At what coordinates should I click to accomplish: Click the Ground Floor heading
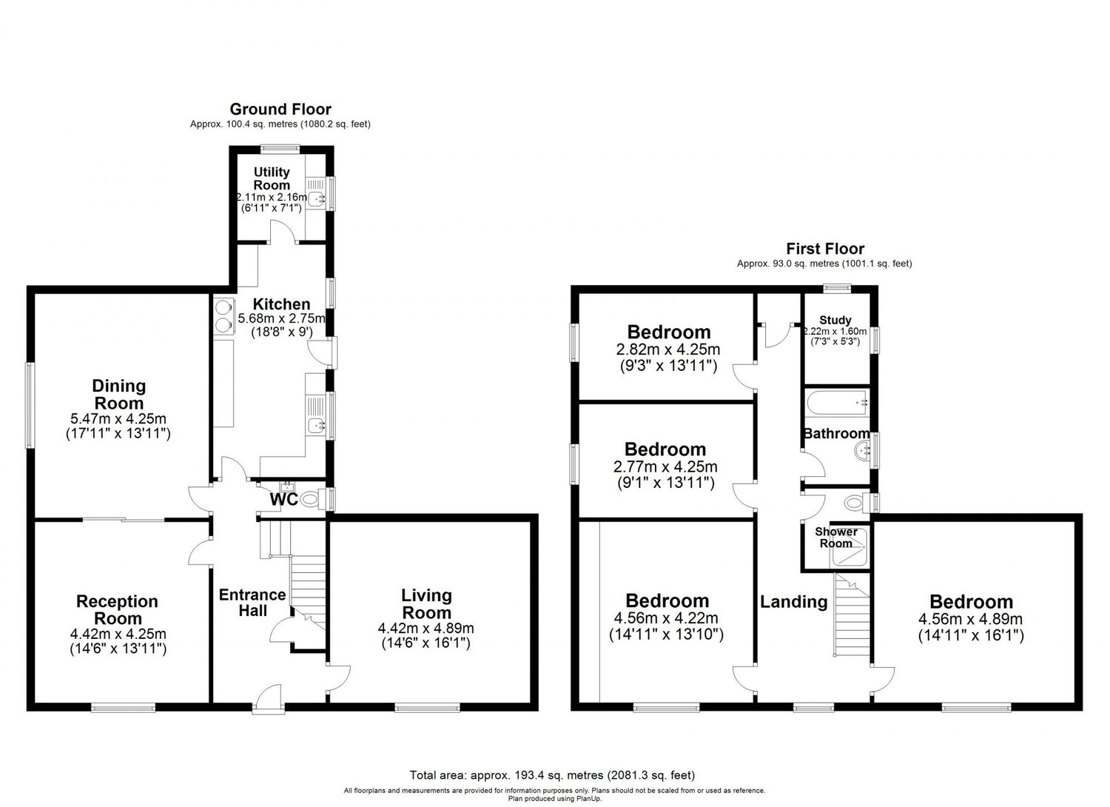tap(280, 110)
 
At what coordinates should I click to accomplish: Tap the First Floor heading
tap(824, 249)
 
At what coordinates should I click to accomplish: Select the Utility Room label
tap(272, 178)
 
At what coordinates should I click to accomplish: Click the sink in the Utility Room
tap(317, 198)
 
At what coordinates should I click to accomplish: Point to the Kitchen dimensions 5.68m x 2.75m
tap(281, 318)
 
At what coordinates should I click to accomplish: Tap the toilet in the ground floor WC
tap(312, 500)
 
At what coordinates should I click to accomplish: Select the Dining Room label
tap(118, 394)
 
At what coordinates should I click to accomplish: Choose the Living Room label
tap(426, 603)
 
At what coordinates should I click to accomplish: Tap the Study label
tap(835, 320)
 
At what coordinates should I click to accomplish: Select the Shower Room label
tap(835, 538)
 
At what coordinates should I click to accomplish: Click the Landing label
tap(793, 602)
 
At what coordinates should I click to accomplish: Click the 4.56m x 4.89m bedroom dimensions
tap(970, 620)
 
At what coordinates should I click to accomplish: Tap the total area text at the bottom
tap(552, 776)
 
